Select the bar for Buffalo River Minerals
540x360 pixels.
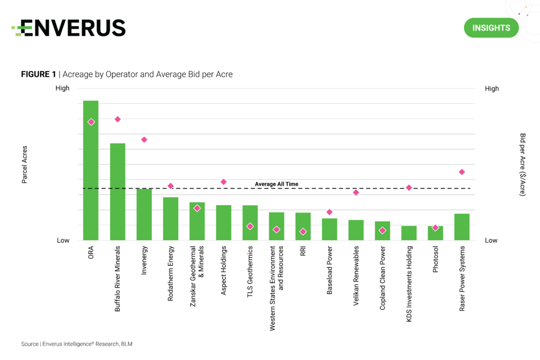pos(117,192)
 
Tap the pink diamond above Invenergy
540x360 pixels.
pos(144,140)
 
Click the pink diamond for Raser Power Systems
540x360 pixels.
pos(461,172)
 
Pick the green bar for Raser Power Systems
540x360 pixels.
pos(461,227)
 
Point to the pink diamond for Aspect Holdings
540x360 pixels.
pos(223,182)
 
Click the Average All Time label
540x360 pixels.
pos(276,184)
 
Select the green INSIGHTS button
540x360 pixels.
pos(491,28)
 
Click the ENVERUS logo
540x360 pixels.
pos(69,28)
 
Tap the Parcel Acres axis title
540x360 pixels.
pos(25,164)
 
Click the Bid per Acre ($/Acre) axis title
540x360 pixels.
pos(522,164)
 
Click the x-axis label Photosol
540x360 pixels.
pos(435,259)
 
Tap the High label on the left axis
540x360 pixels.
pos(62,89)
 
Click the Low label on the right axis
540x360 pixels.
pos(491,240)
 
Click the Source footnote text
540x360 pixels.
pos(76,344)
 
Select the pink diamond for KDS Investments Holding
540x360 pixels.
pos(409,188)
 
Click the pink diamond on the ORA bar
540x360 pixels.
pos(91,122)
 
